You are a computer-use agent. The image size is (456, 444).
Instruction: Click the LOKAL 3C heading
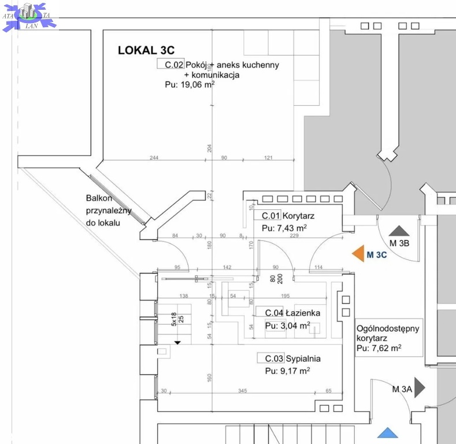coord(146,50)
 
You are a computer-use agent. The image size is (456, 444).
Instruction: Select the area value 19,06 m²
coord(190,84)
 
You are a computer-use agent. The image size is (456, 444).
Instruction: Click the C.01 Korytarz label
coord(288,216)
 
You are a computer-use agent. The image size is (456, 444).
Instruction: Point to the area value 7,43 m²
coord(284,228)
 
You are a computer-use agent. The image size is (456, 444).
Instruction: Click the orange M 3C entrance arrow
coord(358,253)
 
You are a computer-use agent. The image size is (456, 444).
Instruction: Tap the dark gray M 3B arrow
coord(398,232)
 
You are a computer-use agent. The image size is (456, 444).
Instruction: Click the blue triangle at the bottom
coord(388,433)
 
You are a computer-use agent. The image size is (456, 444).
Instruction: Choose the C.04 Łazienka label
coord(292,313)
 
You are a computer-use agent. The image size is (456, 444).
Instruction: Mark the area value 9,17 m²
coord(287,371)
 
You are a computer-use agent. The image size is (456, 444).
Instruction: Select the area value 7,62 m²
coord(379,348)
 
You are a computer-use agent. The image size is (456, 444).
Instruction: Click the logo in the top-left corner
coord(29,16)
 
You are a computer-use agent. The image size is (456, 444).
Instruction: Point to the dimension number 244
coord(154,157)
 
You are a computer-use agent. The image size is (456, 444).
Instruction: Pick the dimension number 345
coord(242,391)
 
